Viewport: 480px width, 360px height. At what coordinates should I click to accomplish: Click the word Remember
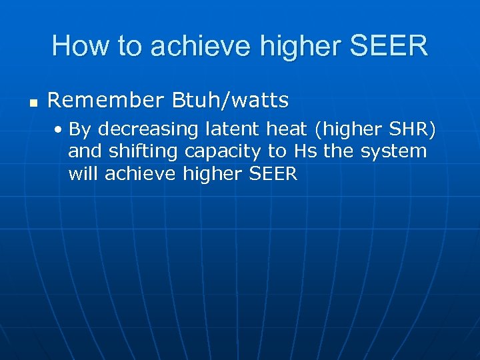[x=106, y=101]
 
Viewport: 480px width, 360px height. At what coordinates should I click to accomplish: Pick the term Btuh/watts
[x=231, y=101]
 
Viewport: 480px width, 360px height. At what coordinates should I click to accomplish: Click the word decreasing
[x=145, y=129]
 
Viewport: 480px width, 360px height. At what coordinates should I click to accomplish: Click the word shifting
[x=143, y=152]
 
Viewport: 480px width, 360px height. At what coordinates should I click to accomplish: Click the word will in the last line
[x=84, y=174]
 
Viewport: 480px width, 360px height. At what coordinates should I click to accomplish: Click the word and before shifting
[x=86, y=151]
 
